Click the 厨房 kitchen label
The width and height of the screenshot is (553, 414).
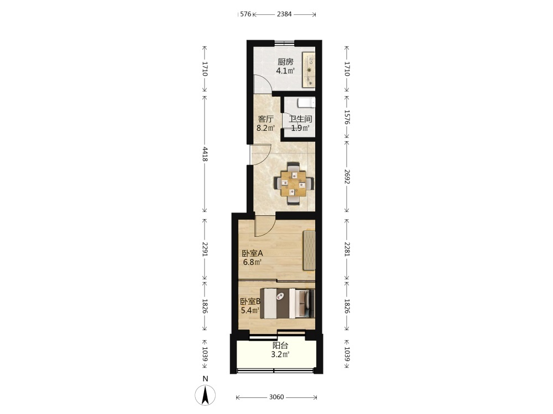(285, 62)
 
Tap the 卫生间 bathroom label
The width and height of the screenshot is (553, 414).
(300, 119)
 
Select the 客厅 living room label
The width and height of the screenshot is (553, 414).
(265, 119)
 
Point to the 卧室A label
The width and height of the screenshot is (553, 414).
(253, 253)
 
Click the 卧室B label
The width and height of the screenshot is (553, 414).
(250, 301)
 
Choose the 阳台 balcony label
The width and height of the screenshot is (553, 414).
(280, 346)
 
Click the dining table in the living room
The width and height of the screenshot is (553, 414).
(294, 183)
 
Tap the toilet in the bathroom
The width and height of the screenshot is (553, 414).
(306, 103)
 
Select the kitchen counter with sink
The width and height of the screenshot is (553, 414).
(309, 70)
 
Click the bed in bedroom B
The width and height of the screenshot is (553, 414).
(287, 304)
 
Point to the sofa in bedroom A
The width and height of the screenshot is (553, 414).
(309, 250)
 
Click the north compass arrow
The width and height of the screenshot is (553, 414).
(205, 395)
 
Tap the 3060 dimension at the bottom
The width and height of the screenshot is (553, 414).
(276, 397)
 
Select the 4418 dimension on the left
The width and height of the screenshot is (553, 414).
(205, 155)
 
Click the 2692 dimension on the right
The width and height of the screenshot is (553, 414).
(347, 177)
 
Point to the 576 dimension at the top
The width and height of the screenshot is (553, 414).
(246, 14)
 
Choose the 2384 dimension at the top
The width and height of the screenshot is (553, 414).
(284, 14)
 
